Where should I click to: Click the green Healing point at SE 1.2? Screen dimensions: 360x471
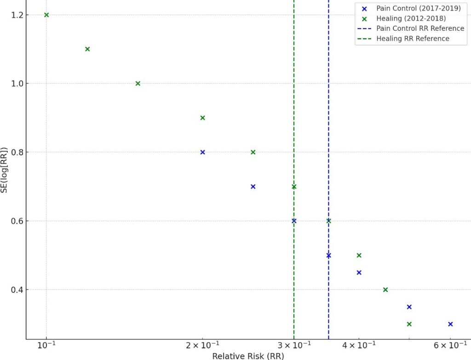(46, 15)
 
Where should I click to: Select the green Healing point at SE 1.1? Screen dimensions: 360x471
(87, 49)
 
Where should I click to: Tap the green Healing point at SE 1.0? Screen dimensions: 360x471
(138, 83)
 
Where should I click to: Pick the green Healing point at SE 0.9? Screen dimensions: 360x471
(202, 118)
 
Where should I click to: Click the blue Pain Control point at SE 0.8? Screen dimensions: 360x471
(202, 152)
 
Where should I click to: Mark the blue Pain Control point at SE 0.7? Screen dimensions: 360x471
(253, 187)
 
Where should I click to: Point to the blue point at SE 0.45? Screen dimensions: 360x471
(359, 272)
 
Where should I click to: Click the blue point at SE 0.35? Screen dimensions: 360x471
(409, 307)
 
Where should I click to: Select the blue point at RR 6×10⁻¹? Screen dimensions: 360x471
(450, 324)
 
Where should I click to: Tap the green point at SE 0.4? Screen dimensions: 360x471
(385, 290)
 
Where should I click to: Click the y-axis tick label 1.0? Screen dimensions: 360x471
(17, 84)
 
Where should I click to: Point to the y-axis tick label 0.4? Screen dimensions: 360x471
(17, 290)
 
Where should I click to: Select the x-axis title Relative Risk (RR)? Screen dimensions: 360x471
(248, 356)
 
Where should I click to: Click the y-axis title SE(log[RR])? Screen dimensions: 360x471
(5, 170)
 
